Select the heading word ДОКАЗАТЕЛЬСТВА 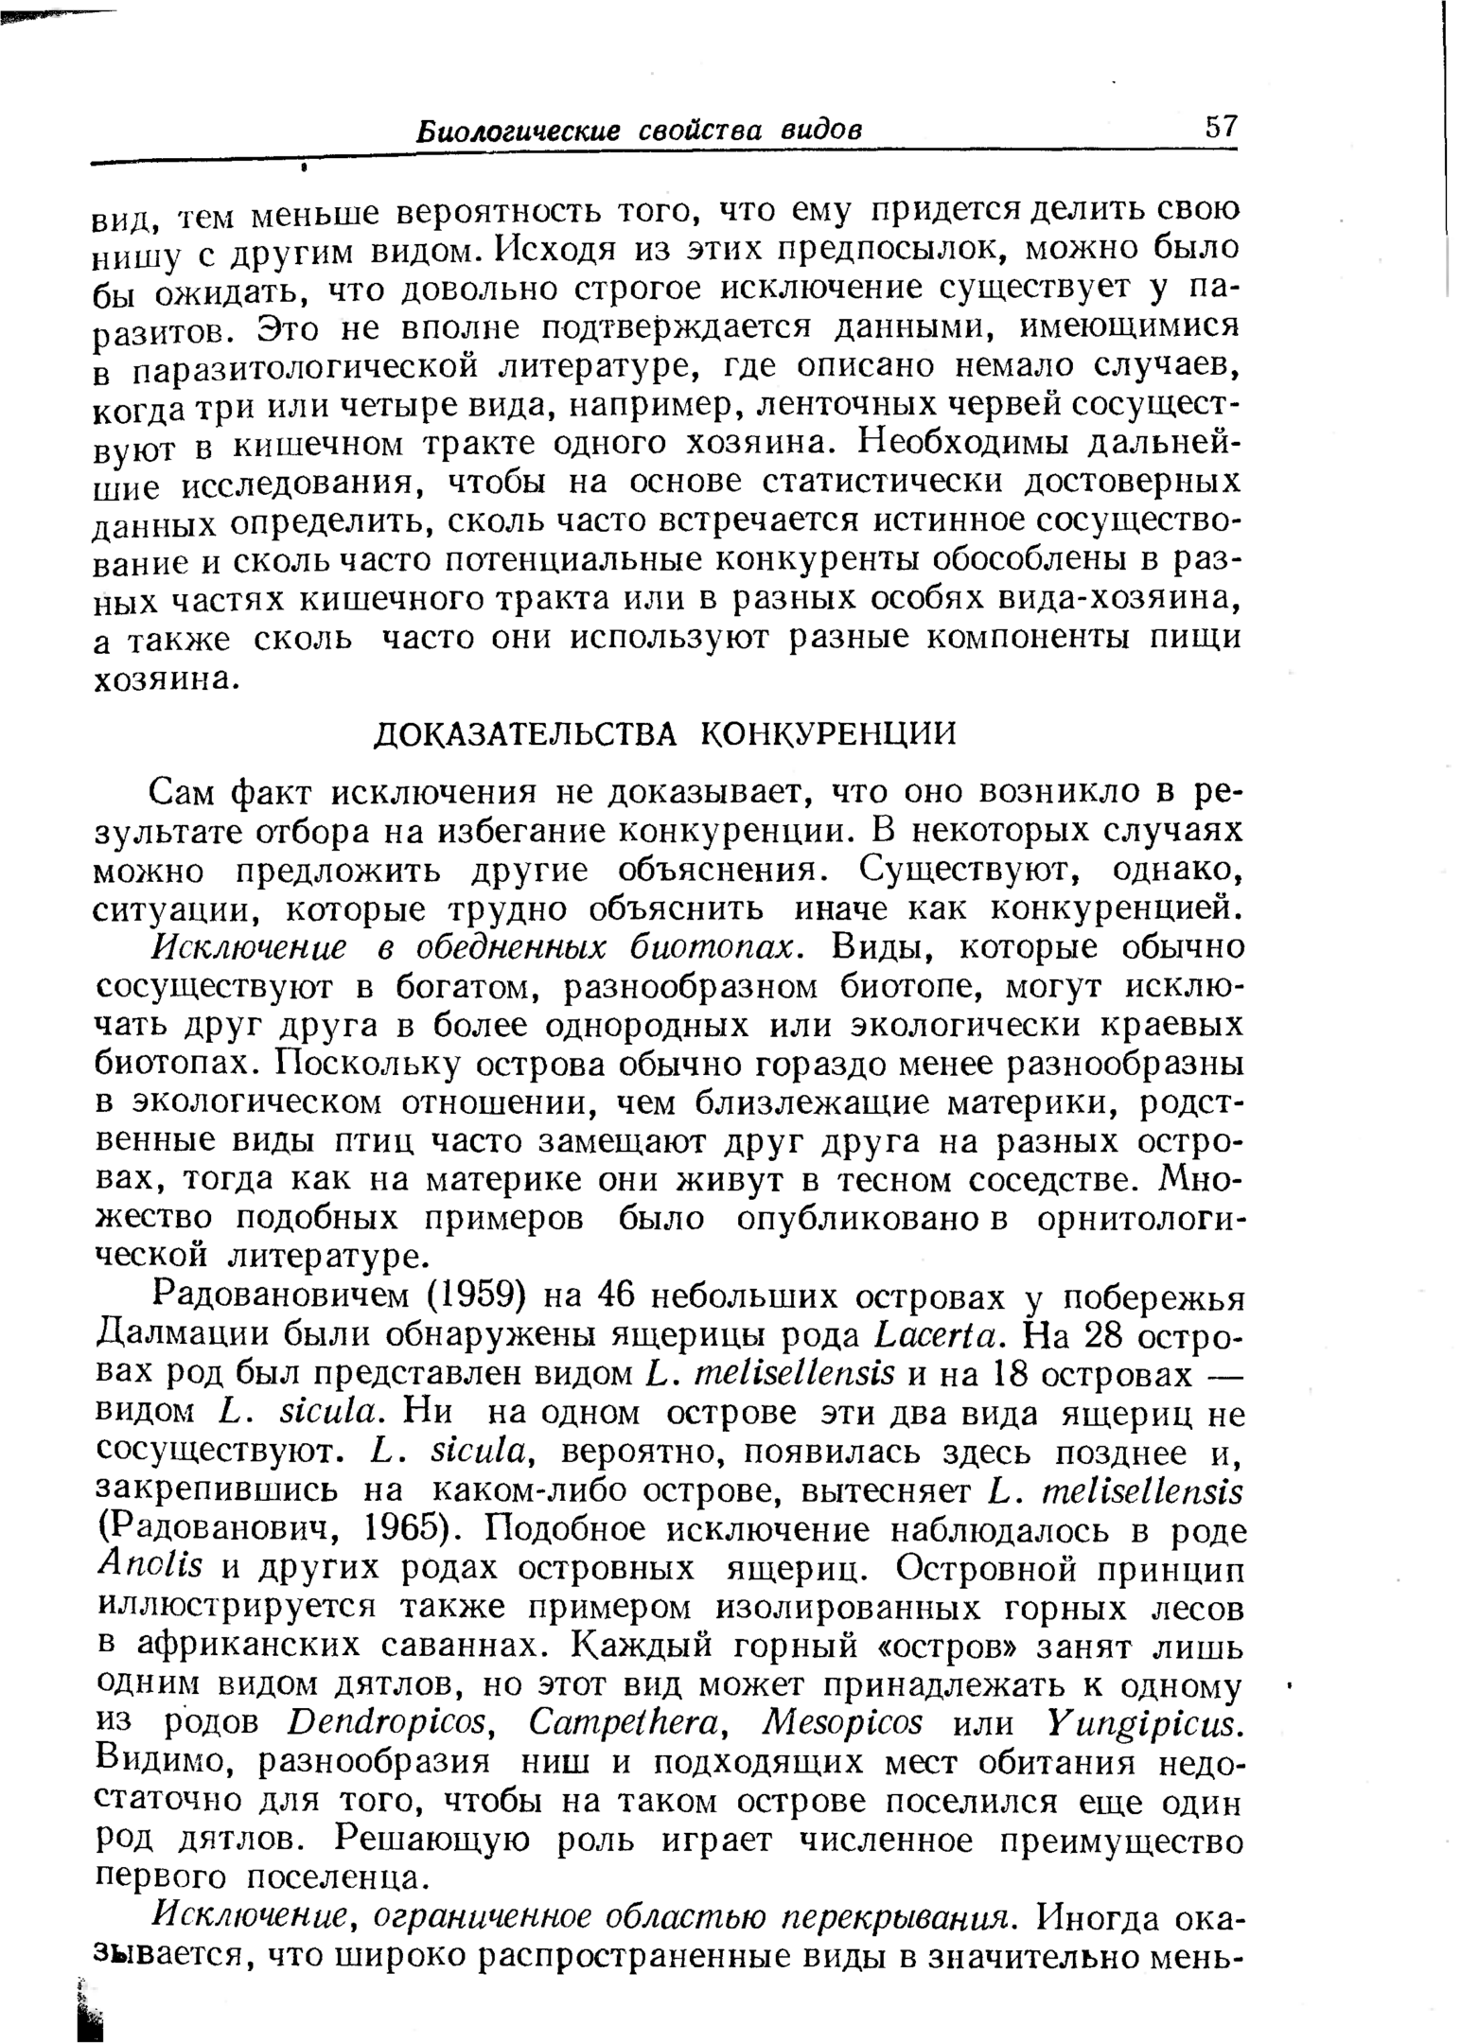(526, 733)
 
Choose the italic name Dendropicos (392, 1723)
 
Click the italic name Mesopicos (841, 1723)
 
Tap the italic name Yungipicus (1142, 1723)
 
